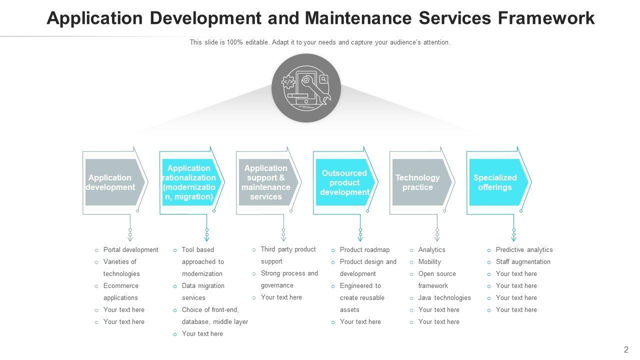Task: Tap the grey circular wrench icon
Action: (306, 88)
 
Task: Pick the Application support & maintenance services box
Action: (267, 182)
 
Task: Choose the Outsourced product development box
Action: (344, 182)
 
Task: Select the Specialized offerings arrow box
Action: (497, 182)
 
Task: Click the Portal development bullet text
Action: (130, 250)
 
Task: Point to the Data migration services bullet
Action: (203, 291)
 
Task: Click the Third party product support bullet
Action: (288, 255)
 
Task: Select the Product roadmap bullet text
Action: (364, 250)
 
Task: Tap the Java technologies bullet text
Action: (444, 298)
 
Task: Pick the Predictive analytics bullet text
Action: (524, 250)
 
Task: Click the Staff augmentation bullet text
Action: (523, 262)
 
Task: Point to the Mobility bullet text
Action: (429, 262)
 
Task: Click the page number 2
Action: (626, 350)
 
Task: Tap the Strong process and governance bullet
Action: (289, 279)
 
